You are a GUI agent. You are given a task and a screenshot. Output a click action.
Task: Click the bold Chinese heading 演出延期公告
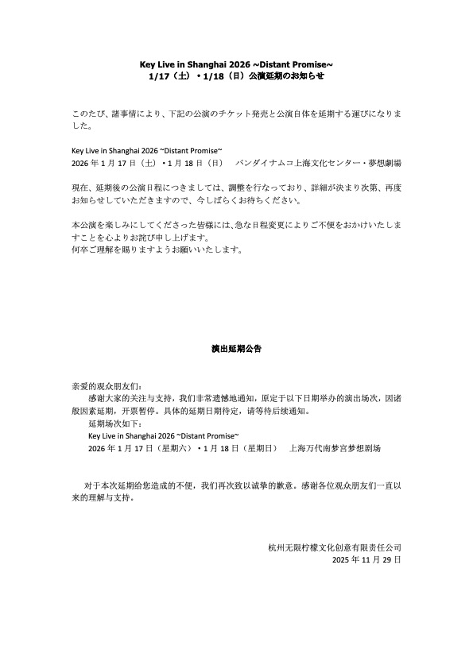(x=236, y=348)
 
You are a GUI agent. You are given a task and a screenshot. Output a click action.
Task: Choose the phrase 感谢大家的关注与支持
(x=128, y=400)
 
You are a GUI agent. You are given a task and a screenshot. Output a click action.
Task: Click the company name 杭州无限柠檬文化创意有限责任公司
(x=335, y=547)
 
